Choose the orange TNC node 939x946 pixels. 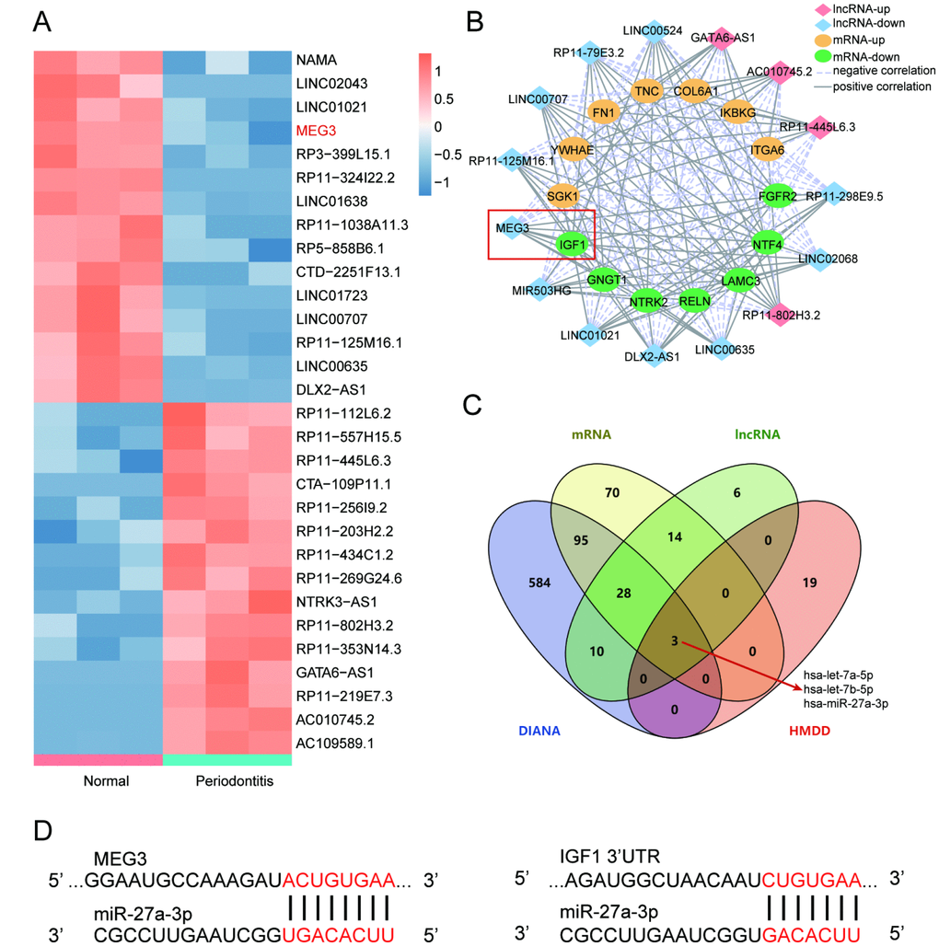coord(647,91)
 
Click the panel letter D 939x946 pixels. coord(41,832)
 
